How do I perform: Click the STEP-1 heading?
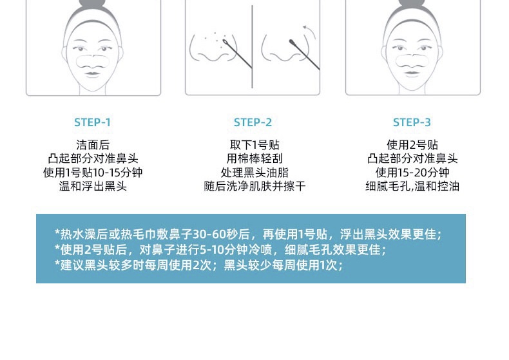(x=93, y=122)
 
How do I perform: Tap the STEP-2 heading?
(x=253, y=122)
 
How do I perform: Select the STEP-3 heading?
(x=412, y=122)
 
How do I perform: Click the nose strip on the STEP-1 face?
(x=93, y=61)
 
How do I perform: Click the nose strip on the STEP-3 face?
(x=412, y=61)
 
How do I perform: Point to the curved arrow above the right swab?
(x=311, y=31)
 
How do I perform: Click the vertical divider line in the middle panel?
(x=252, y=47)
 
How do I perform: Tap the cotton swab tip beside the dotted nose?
(x=225, y=42)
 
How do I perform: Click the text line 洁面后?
(x=93, y=145)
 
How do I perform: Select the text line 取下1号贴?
(x=254, y=145)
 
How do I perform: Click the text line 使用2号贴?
(x=412, y=145)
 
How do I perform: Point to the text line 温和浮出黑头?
(x=93, y=186)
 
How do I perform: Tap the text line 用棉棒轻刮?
(x=254, y=158)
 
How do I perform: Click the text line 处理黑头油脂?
(x=254, y=173)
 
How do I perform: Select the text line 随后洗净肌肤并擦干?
(x=254, y=186)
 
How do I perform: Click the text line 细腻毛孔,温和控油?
(x=412, y=186)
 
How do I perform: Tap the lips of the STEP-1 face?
(x=93, y=73)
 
